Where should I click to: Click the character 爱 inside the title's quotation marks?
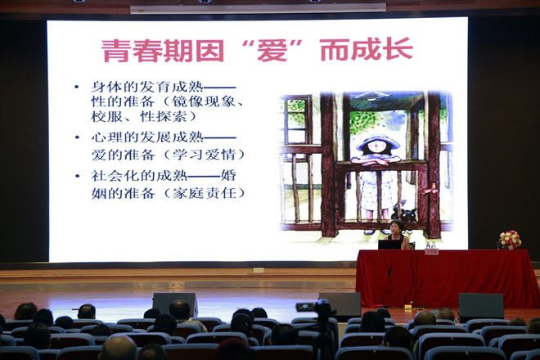click(x=272, y=51)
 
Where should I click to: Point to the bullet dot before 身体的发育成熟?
click(x=76, y=87)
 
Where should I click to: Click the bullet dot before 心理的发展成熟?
click(x=77, y=137)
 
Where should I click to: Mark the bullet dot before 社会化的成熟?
click(x=78, y=176)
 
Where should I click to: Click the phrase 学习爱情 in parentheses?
click(x=205, y=155)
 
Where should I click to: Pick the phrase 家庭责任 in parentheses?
click(x=205, y=193)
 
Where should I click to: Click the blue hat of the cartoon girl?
click(x=378, y=142)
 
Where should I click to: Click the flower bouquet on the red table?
click(x=510, y=240)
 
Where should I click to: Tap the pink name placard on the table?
click(x=431, y=252)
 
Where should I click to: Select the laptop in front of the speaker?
click(x=389, y=245)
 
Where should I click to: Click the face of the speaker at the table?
click(x=395, y=227)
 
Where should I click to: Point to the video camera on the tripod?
click(x=316, y=307)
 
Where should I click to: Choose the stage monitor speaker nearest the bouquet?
click(x=481, y=306)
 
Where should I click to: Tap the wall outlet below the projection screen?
click(x=259, y=270)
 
